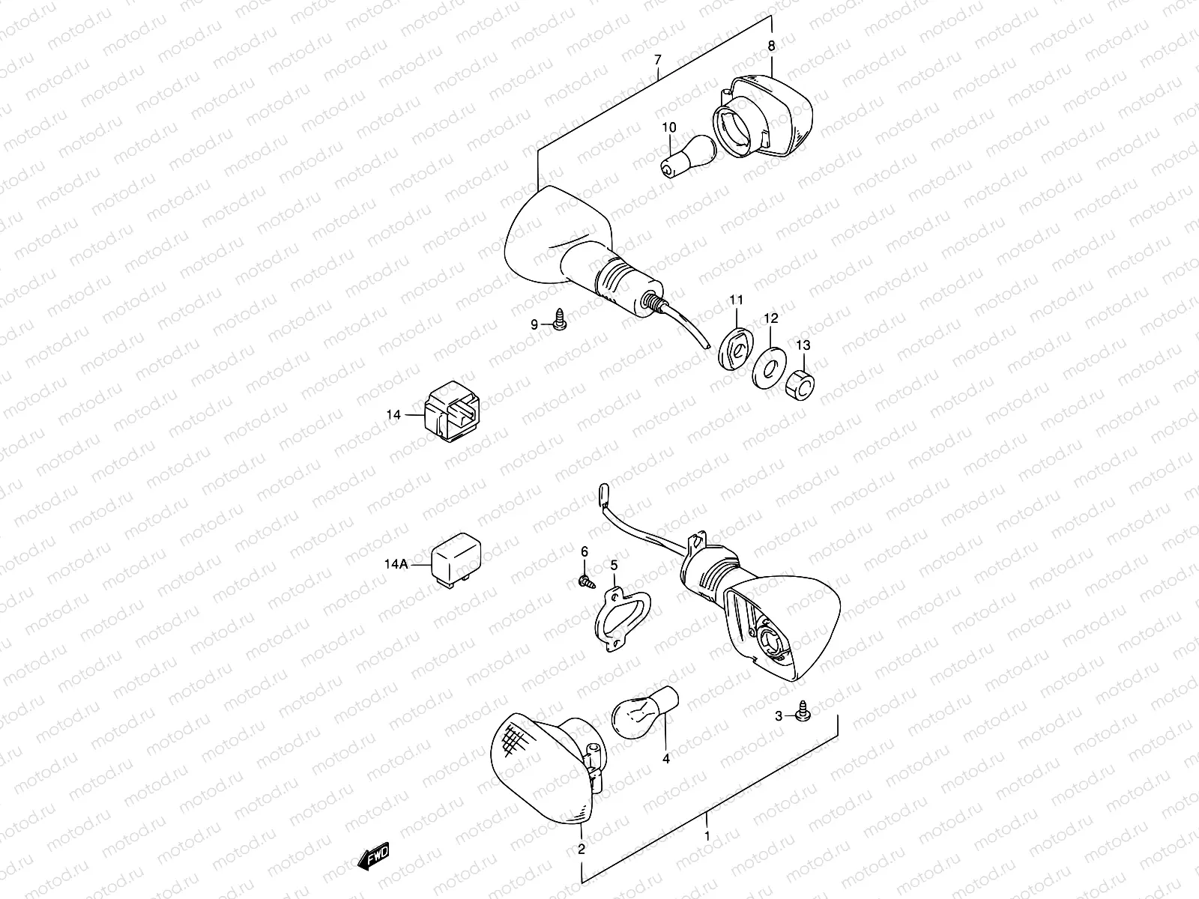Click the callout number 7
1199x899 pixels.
pos(657,59)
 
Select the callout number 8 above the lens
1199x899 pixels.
pos(771,46)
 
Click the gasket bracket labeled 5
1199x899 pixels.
pos(620,620)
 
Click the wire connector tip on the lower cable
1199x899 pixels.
pos(602,493)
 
